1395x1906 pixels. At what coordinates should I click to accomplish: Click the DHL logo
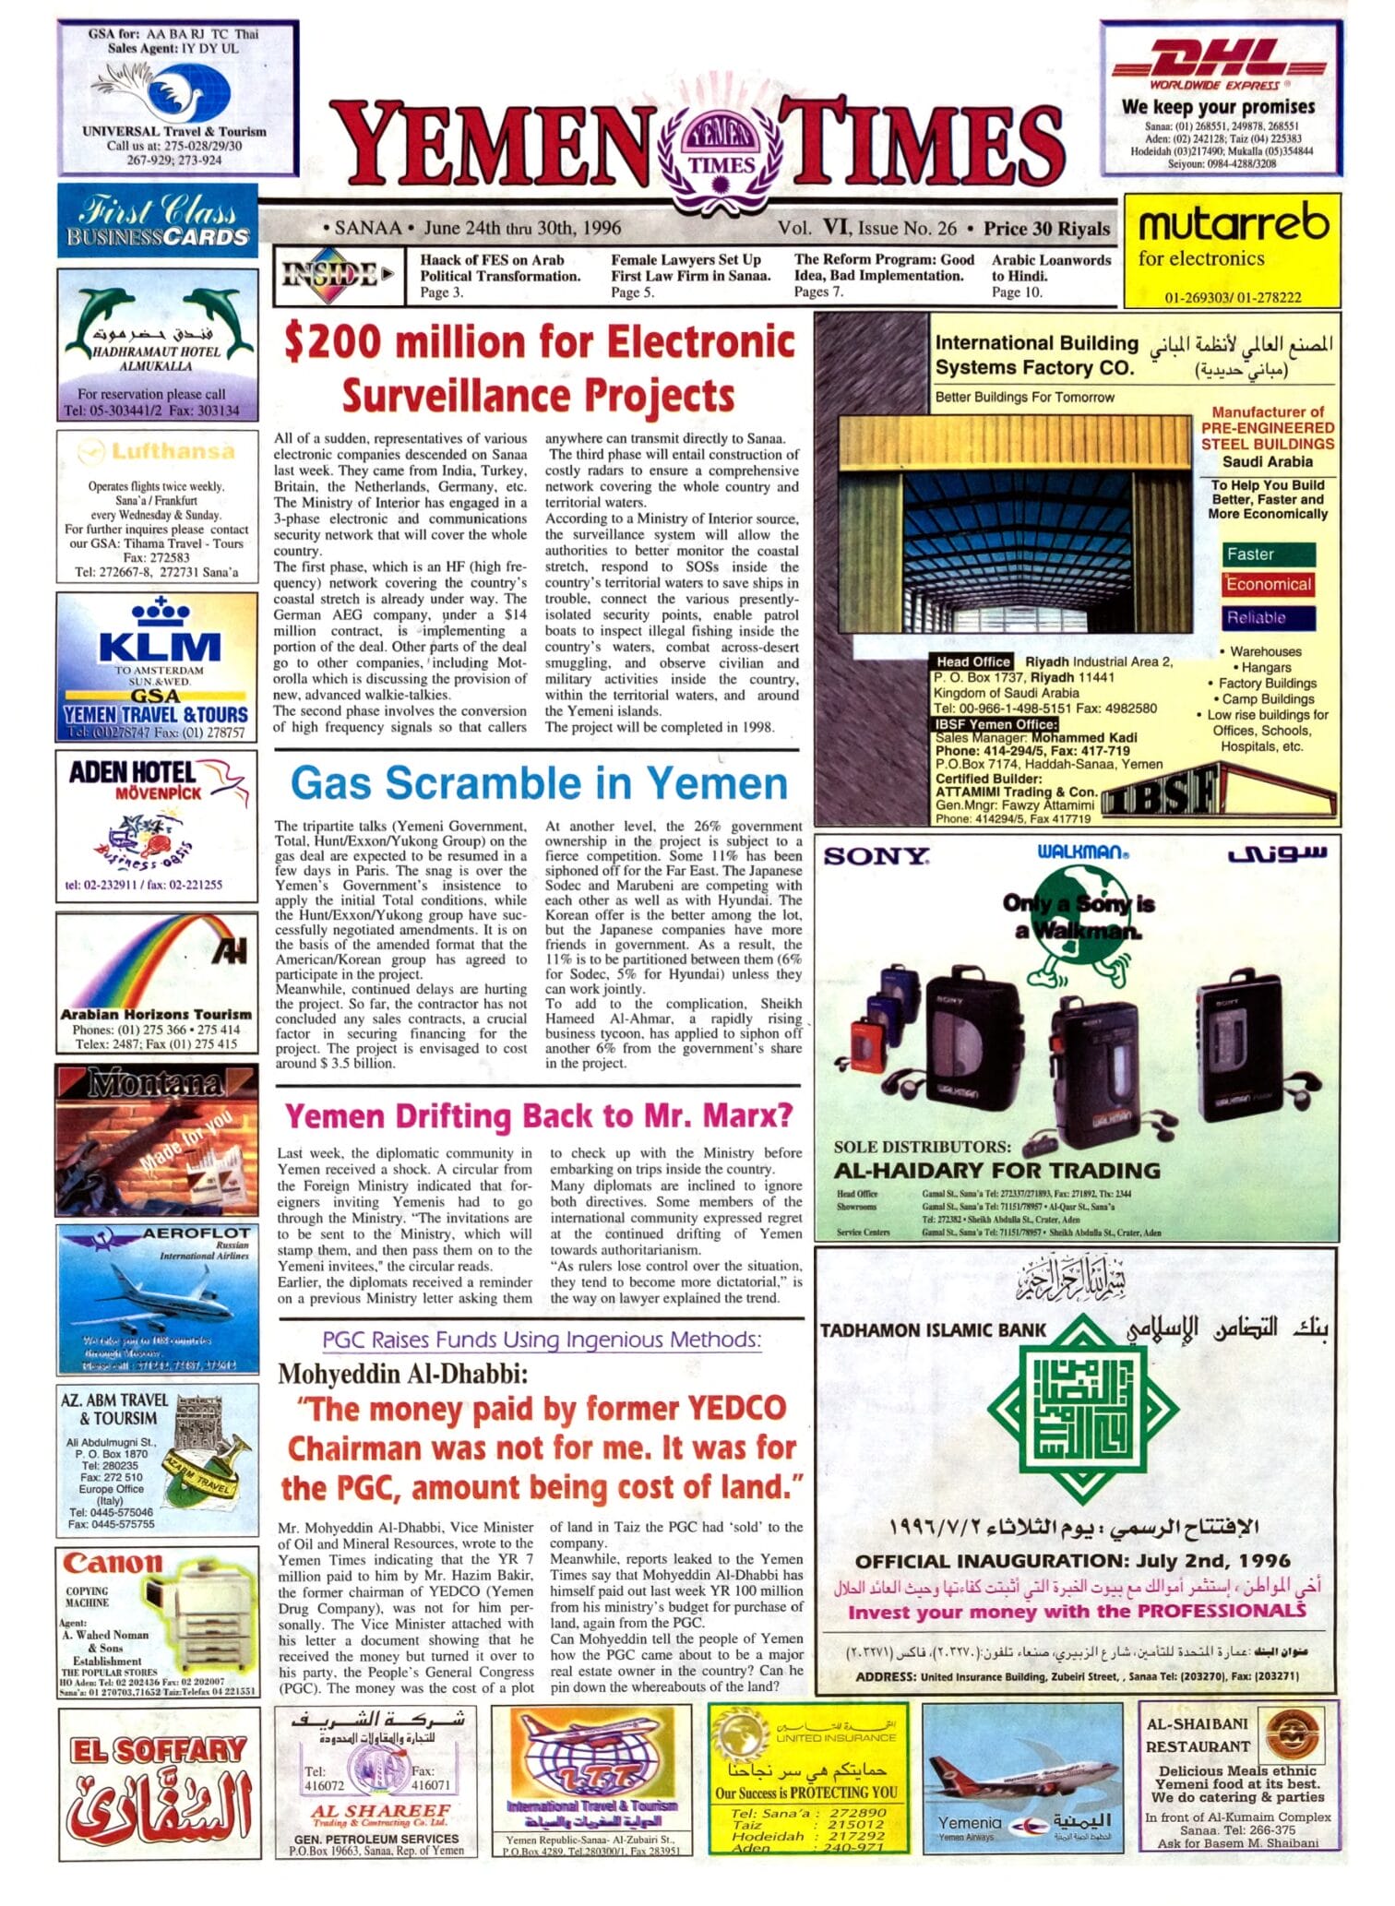pyautogui.click(x=1220, y=63)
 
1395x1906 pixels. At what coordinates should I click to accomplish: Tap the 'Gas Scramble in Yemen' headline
pyautogui.click(x=539, y=784)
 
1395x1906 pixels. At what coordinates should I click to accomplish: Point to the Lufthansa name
pyautogui.click(x=173, y=451)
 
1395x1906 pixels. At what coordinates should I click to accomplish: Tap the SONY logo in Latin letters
pyautogui.click(x=876, y=857)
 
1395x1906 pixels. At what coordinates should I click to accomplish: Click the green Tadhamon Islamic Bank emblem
pyautogui.click(x=1082, y=1409)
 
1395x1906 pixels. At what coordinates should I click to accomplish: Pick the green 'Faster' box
pyautogui.click(x=1268, y=554)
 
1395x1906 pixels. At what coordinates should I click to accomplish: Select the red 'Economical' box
pyautogui.click(x=1268, y=585)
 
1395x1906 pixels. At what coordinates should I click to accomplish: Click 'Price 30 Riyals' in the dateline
pyautogui.click(x=1045, y=229)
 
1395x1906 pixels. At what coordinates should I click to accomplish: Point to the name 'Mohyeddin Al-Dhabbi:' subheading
pyautogui.click(x=403, y=1375)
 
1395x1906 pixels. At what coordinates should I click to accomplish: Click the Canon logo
pyautogui.click(x=113, y=1563)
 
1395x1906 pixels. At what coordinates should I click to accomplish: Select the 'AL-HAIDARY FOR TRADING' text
pyautogui.click(x=996, y=1171)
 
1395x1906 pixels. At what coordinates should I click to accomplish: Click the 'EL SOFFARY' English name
pyautogui.click(x=159, y=1749)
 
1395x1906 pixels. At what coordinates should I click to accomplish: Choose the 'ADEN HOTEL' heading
pyautogui.click(x=132, y=772)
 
